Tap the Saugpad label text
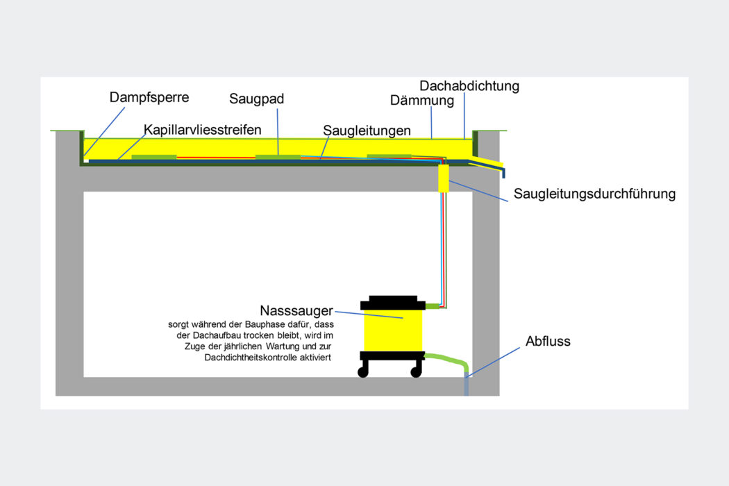(257, 99)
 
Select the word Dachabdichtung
(469, 86)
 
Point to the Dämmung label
(422, 101)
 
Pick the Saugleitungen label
(367, 131)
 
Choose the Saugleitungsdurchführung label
(594, 194)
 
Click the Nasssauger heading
(296, 310)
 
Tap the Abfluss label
(548, 341)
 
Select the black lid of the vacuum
(392, 303)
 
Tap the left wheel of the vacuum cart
(363, 372)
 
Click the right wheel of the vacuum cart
(416, 372)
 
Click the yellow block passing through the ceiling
(444, 178)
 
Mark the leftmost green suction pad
(153, 157)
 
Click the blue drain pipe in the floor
(467, 386)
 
